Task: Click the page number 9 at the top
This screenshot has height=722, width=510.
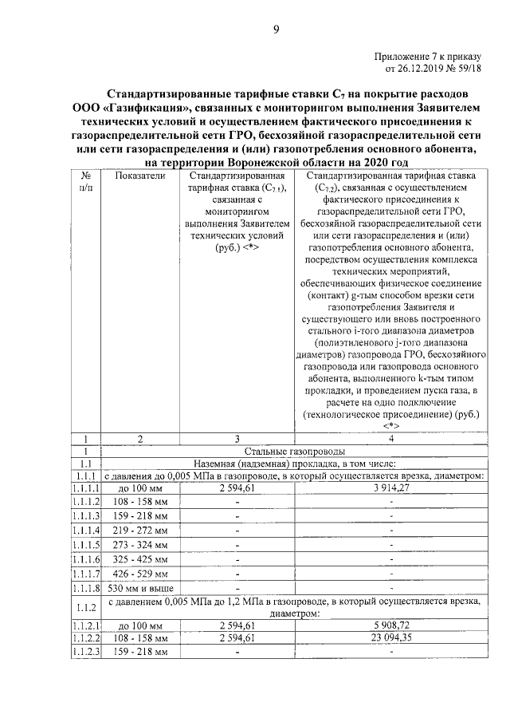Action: point(276,30)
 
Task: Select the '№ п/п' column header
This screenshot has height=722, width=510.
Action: point(85,182)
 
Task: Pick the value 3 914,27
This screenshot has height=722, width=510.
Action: point(390,488)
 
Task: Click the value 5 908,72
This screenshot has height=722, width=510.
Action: point(390,625)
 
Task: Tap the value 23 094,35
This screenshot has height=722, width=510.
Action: point(390,638)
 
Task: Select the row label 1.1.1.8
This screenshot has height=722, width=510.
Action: point(85,588)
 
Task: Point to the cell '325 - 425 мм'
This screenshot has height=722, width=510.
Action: point(140,559)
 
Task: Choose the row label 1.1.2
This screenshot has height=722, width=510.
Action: point(85,607)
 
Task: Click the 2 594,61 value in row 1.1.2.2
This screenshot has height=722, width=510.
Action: point(237,638)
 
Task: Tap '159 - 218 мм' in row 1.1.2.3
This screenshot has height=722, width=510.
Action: point(140,653)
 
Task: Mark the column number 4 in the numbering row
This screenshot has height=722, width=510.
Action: point(390,438)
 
